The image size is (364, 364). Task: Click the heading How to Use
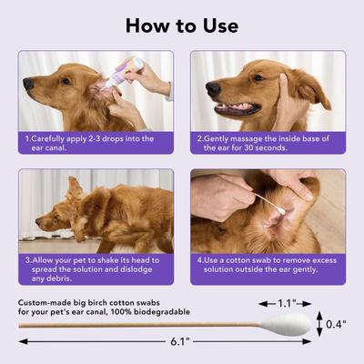pos(182,25)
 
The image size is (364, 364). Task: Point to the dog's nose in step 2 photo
pos(212,88)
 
